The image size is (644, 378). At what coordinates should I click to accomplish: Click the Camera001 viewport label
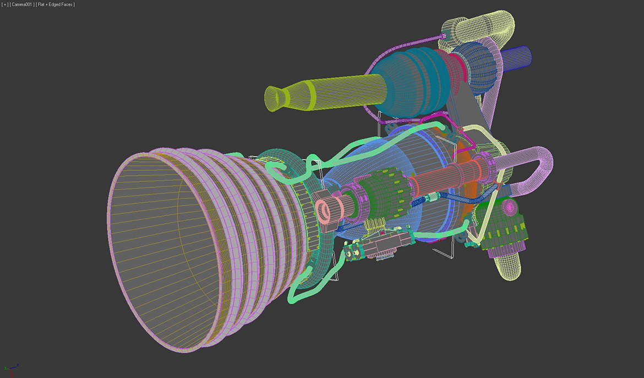coord(23,4)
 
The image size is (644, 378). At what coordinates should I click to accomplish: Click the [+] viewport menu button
coord(5,4)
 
